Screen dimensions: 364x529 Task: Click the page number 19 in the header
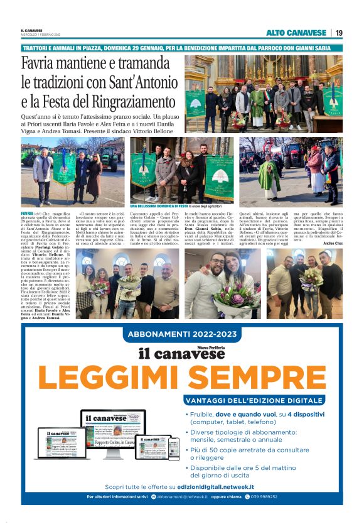click(338, 33)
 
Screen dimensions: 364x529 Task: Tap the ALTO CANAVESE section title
click(296, 33)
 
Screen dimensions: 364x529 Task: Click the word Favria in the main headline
click(38, 64)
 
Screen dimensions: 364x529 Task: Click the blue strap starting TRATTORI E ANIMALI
click(182, 48)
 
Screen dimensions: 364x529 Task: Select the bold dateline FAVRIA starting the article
click(28, 214)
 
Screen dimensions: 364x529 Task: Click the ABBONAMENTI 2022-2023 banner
click(181, 334)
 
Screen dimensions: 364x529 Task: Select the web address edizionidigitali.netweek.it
click(215, 486)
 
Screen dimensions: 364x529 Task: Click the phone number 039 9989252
click(267, 496)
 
